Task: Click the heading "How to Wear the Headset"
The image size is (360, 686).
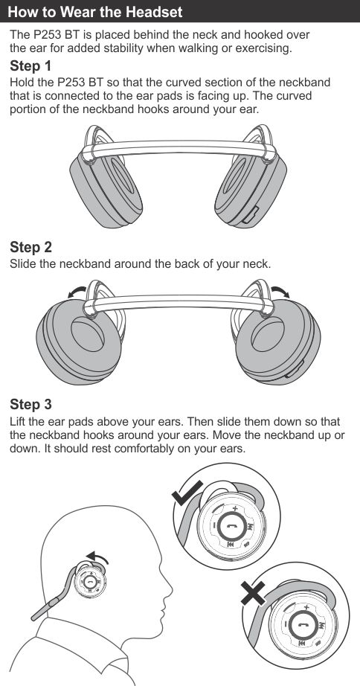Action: click(x=95, y=11)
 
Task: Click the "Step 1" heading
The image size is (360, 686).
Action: click(x=30, y=66)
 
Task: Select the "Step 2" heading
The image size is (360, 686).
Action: click(x=30, y=247)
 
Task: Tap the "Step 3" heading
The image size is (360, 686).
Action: click(x=30, y=404)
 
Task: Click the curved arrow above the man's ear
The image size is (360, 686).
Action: click(x=97, y=557)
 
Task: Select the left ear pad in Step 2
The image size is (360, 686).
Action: click(x=79, y=342)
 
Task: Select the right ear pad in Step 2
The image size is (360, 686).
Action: click(x=278, y=342)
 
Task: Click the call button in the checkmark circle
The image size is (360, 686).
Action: click(x=228, y=528)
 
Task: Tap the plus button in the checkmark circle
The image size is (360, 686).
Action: click(x=235, y=509)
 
